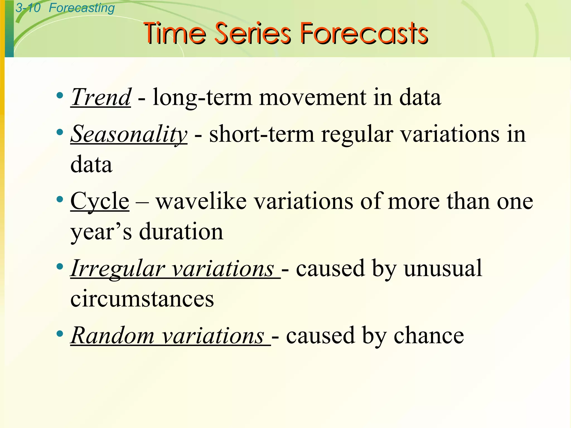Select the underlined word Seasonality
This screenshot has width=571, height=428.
coord(129,134)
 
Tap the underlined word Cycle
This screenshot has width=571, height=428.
coord(100,201)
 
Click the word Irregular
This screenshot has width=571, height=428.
coord(117,268)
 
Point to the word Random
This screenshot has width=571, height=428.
coord(112,335)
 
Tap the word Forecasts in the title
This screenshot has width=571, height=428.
coord(364,34)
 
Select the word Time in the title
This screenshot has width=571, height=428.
coord(175,34)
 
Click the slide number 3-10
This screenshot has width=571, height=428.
coord(28,8)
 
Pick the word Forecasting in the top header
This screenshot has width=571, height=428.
coord(82,8)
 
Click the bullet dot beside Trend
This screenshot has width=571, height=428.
coord(59,96)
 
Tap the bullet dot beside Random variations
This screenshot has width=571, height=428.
coord(59,333)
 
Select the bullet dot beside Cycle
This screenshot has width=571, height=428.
coord(59,199)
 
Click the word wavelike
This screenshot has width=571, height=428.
coord(201,201)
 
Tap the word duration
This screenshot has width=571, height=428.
coord(181,232)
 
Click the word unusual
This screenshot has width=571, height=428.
coord(443,268)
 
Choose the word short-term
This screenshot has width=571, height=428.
coord(262,134)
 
